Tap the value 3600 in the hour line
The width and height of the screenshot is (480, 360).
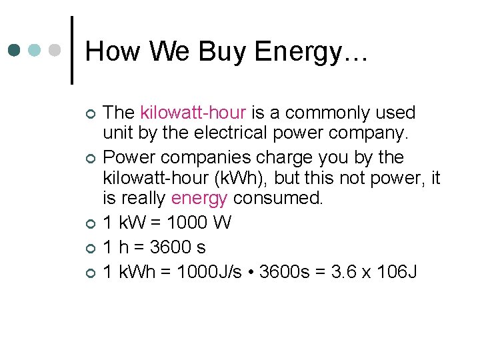[169, 247]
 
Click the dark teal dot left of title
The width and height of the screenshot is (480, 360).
[15, 50]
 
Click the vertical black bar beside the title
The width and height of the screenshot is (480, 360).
[72, 50]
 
